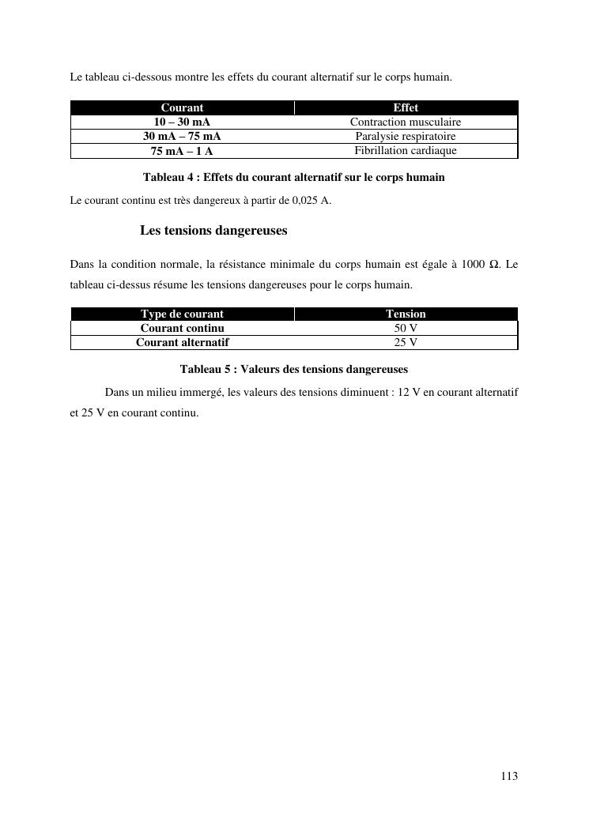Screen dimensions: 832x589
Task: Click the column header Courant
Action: pos(182,107)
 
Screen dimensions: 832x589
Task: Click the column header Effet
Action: pos(406,107)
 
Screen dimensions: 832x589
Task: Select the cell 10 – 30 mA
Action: pos(182,122)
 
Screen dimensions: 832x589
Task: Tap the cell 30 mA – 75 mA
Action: pos(182,136)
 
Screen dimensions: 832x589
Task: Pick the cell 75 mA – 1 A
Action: pos(182,151)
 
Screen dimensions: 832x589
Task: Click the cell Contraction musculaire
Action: pos(406,122)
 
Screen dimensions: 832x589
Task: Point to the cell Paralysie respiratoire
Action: pos(406,136)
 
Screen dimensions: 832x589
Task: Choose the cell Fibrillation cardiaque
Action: pos(406,150)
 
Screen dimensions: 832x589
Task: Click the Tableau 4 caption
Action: pos(293,178)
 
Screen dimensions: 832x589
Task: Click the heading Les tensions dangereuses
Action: pos(213,231)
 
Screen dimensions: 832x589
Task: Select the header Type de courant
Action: pos(182,314)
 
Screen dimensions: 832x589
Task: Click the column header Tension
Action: pos(406,314)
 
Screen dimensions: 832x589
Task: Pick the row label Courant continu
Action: pos(182,328)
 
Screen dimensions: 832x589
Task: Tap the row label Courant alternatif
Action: pos(182,342)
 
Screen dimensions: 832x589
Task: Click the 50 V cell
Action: pos(406,328)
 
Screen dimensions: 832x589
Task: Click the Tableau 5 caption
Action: pos(293,369)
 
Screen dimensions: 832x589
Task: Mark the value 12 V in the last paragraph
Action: pos(410,393)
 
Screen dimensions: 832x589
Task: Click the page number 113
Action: pos(509,777)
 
